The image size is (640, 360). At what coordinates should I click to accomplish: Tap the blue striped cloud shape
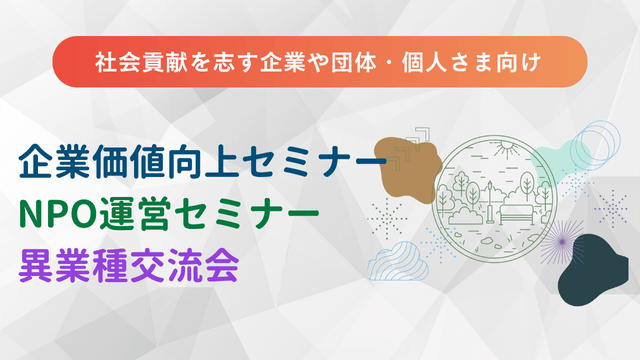tap(394, 262)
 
